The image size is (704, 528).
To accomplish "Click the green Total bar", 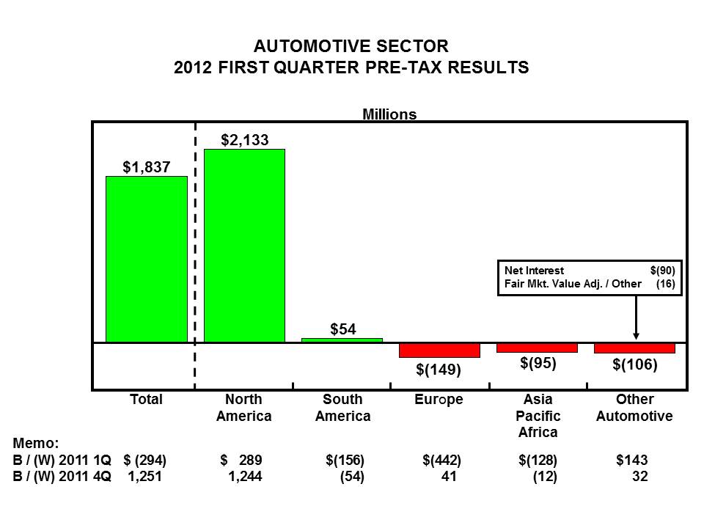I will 147,259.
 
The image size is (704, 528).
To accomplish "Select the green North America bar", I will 244,246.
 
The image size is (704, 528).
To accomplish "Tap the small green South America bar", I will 342,340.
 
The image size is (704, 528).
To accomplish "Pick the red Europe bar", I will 439,351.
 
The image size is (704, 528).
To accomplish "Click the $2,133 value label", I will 245,139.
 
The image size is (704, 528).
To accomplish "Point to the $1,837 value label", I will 147,167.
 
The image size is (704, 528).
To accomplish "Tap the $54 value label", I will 342,329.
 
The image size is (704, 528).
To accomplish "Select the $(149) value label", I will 439,370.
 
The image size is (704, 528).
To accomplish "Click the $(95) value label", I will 538,362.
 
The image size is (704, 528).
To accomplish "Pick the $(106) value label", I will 635,364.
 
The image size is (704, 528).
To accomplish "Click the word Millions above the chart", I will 389,114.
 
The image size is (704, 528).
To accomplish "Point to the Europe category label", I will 439,400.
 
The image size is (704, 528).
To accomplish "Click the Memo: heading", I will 36,444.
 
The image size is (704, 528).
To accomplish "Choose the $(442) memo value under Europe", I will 441,461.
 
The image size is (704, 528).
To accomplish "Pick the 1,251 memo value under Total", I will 144,477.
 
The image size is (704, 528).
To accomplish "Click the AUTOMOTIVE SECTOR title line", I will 351,46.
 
